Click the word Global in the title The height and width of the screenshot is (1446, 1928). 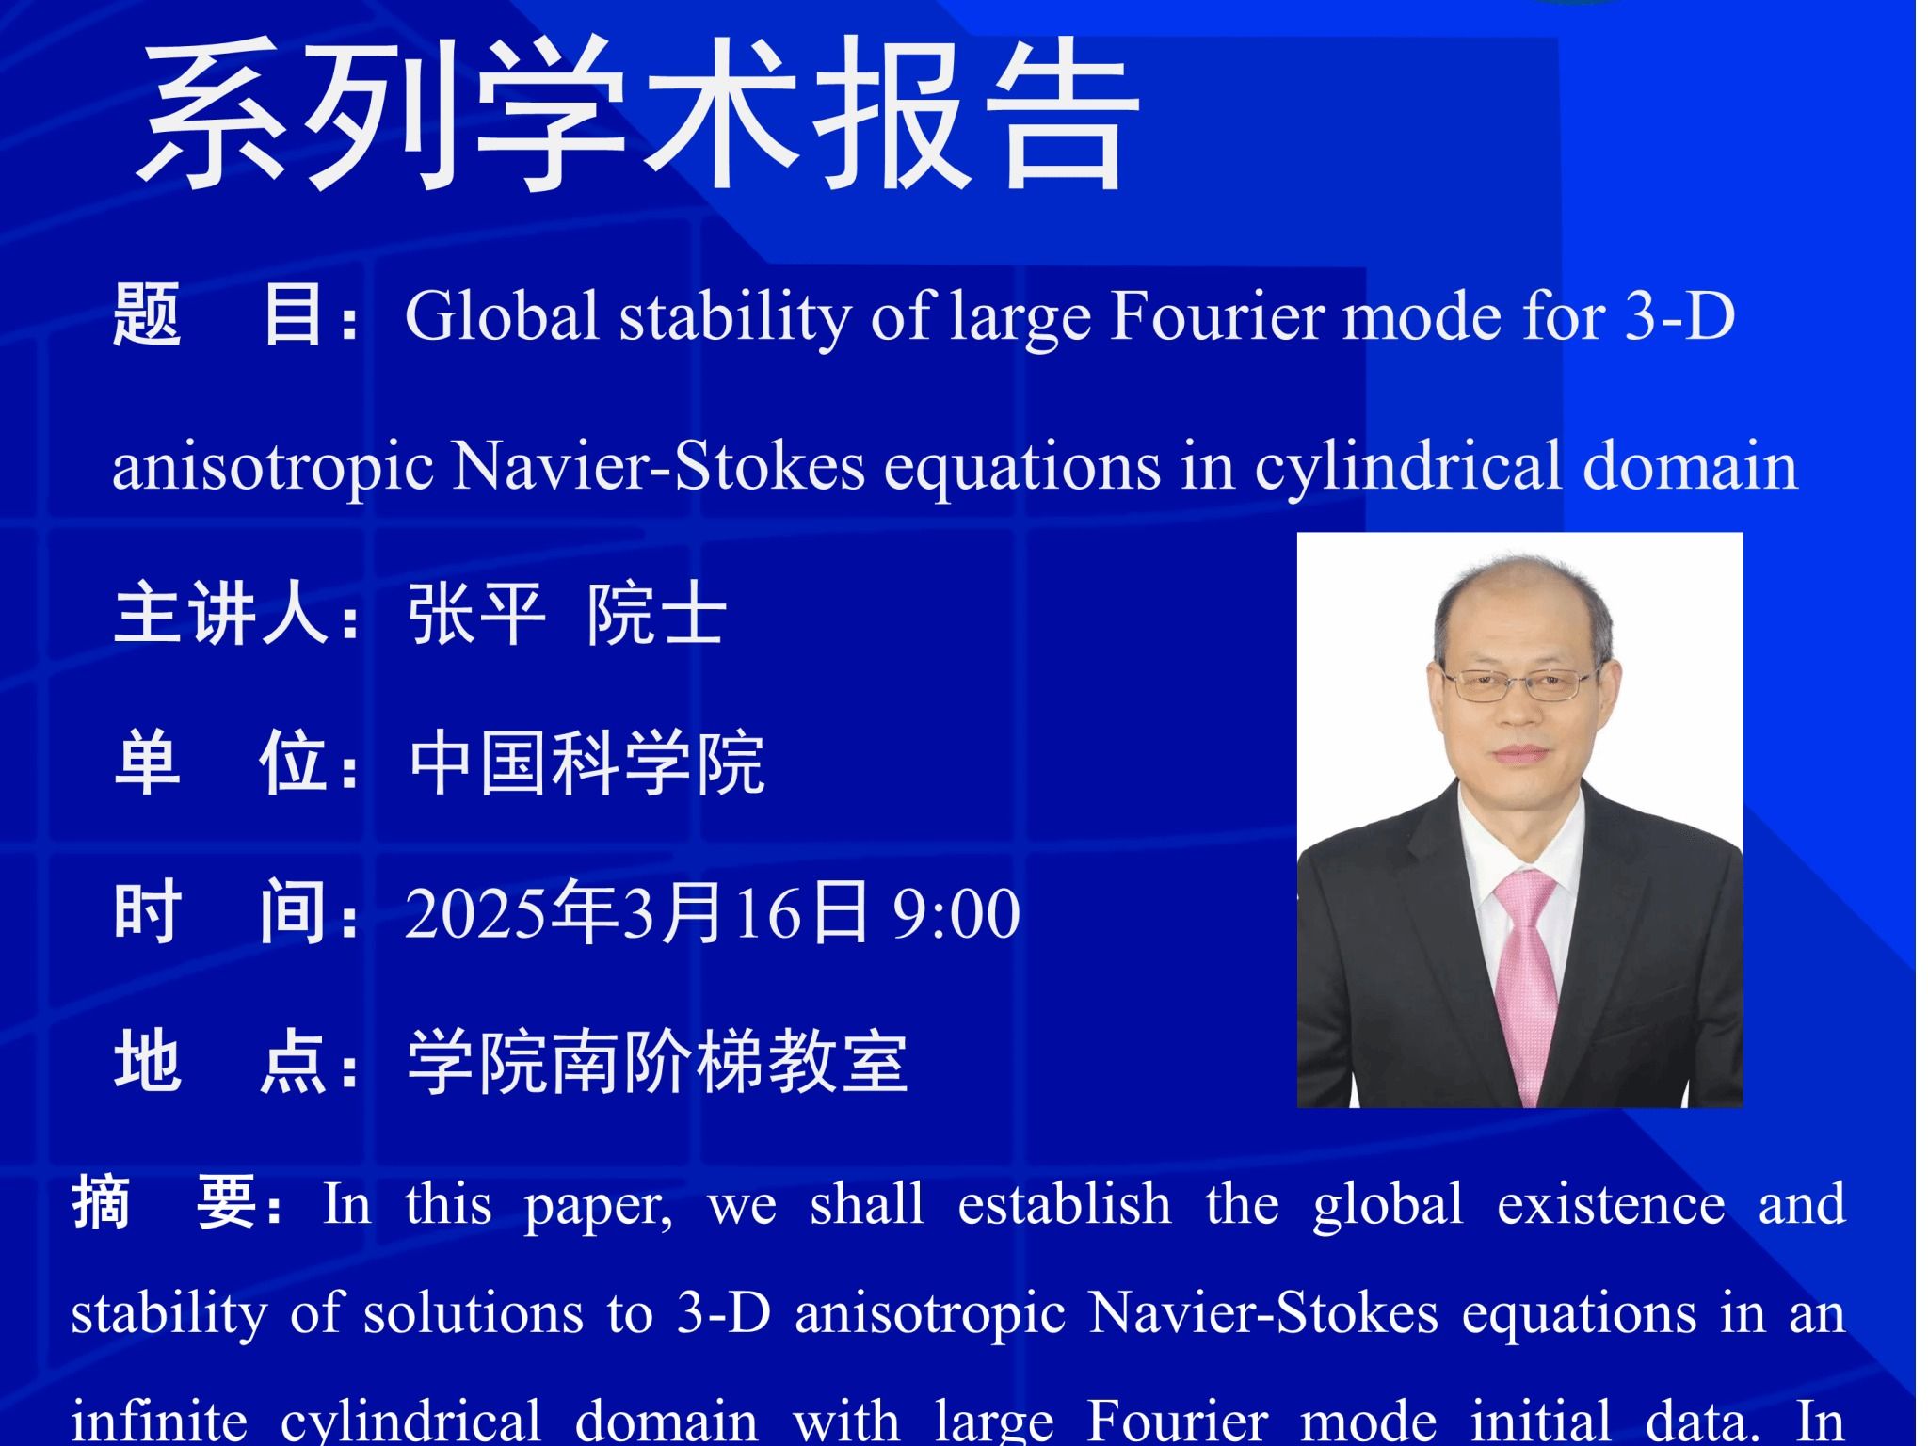click(x=502, y=315)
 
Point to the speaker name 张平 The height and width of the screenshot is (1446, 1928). click(x=476, y=615)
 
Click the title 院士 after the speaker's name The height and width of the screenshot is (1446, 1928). click(x=656, y=615)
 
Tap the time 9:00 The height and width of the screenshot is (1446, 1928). click(x=956, y=913)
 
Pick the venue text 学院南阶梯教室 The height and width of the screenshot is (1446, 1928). click(x=657, y=1063)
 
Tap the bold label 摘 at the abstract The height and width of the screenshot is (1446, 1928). click(x=102, y=1203)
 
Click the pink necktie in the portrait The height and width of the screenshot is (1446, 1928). click(x=1528, y=979)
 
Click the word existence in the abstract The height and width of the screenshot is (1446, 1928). click(x=1611, y=1204)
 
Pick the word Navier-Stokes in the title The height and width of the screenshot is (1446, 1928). click(x=658, y=466)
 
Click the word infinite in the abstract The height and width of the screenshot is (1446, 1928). click(x=160, y=1420)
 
